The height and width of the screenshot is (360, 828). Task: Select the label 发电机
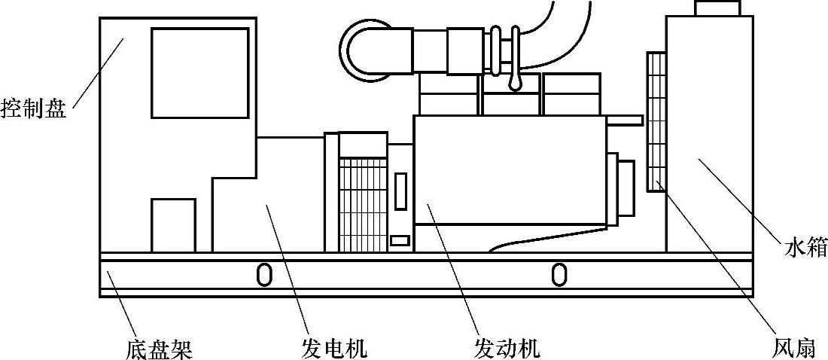click(332, 348)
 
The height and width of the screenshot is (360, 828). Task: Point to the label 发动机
click(507, 348)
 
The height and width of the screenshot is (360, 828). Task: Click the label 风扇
click(793, 348)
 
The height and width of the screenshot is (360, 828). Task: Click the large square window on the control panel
click(199, 72)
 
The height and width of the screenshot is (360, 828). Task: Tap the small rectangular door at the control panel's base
click(173, 224)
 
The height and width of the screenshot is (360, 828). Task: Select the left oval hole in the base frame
click(264, 274)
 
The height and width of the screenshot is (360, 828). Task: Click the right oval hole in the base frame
click(559, 274)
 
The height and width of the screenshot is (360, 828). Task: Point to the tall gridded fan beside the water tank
click(656, 121)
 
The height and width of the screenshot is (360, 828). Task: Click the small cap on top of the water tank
click(717, 8)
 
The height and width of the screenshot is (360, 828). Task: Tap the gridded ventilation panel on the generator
click(363, 203)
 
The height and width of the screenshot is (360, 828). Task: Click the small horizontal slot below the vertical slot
click(400, 241)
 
